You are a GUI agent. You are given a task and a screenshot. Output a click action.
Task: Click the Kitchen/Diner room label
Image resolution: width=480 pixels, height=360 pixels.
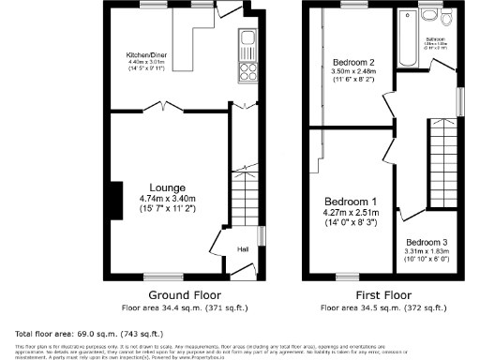(x=138, y=56)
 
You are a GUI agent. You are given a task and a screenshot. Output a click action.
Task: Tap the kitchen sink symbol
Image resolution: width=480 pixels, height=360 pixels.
(x=248, y=39)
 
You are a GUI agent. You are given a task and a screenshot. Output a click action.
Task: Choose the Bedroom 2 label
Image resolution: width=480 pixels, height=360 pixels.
(x=352, y=63)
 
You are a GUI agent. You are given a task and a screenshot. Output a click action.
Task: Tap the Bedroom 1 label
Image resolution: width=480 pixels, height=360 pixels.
(x=351, y=202)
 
